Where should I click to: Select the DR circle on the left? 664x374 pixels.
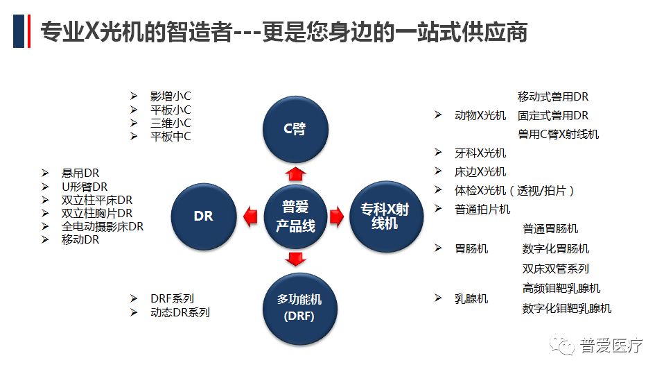click(x=203, y=216)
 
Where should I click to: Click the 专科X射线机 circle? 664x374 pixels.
click(x=385, y=216)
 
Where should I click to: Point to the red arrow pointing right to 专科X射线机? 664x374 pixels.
click(x=337, y=216)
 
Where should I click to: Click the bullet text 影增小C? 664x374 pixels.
click(x=170, y=96)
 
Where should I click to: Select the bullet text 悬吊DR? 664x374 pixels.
click(x=80, y=173)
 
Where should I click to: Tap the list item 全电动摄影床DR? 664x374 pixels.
click(x=102, y=226)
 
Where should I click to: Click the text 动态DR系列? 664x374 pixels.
click(x=179, y=312)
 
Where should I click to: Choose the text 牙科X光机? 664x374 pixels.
click(x=480, y=153)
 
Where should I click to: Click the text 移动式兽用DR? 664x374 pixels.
click(x=552, y=96)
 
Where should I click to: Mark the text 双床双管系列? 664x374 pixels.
click(x=555, y=269)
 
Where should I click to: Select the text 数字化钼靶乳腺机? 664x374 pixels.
click(x=566, y=308)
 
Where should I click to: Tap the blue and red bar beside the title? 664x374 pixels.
click(x=21, y=31)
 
